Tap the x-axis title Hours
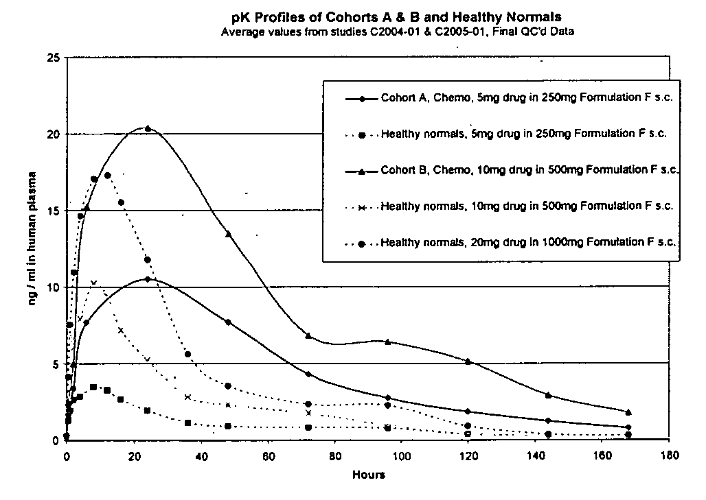[x=369, y=475]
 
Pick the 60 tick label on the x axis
[x=268, y=454]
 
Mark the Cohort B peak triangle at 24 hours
[x=148, y=128]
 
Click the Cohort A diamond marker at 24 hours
[x=148, y=279]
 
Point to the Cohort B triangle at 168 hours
[x=628, y=412]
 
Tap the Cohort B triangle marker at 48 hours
[x=228, y=235]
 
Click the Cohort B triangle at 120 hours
[x=468, y=361]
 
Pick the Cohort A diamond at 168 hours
[x=628, y=427]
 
